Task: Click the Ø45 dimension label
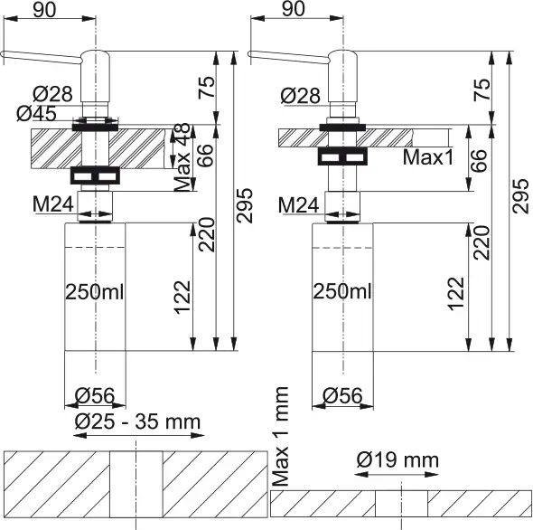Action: pos(36,113)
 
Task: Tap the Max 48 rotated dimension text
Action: pos(182,157)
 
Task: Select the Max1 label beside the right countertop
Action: pos(428,157)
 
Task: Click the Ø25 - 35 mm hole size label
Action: pos(137,421)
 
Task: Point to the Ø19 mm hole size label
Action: pos(397,459)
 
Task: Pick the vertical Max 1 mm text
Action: pos(281,436)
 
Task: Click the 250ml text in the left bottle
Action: pos(95,292)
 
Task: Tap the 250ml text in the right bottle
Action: pos(342,292)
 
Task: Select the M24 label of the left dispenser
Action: pos(53,204)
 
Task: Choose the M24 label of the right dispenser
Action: pos(298,205)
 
